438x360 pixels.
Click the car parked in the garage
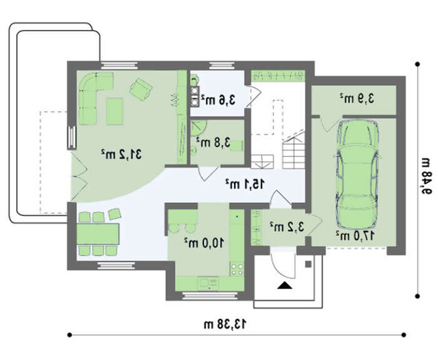coord(357,174)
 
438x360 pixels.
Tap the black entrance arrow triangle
coord(285,285)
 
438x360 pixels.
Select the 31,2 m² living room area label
coord(121,154)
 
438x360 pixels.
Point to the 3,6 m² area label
coord(218,100)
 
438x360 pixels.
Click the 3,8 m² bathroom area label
coord(213,142)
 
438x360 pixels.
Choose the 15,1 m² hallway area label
coord(245,183)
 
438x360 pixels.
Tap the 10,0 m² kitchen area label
coord(204,243)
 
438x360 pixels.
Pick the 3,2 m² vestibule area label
coord(287,227)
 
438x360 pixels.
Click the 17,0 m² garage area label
coord(355,235)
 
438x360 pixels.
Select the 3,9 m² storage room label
coord(357,98)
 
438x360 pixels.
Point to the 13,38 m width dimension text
coord(225,324)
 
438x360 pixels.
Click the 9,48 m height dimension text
coord(426,176)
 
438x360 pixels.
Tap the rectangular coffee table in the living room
coord(115,111)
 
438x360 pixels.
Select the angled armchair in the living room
coord(141,89)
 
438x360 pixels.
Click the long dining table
coord(98,234)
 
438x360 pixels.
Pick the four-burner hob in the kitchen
coord(237,269)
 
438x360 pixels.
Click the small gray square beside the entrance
coord(308,264)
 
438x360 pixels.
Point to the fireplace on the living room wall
coord(72,138)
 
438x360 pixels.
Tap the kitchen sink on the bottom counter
coord(208,284)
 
